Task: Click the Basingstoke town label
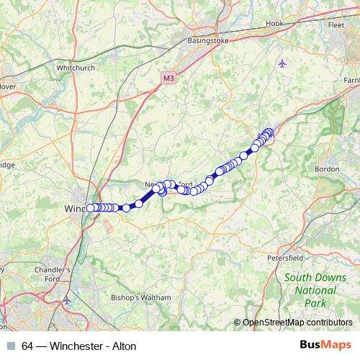tap(207, 41)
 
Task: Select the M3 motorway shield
tap(168, 78)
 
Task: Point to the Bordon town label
tap(327, 169)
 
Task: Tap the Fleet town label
tap(336, 24)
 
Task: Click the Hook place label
tap(274, 24)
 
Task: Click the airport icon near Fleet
tap(282, 63)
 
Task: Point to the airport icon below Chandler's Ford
tap(68, 300)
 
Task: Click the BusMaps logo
tap(325, 346)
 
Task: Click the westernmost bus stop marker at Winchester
tap(91, 208)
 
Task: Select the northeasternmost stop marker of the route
tap(269, 132)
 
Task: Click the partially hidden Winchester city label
tap(73, 208)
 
